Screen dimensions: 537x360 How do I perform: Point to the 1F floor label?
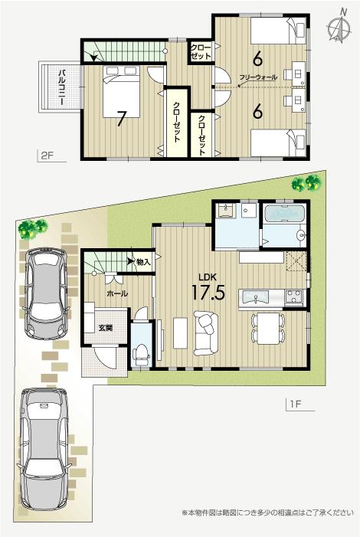point(297,404)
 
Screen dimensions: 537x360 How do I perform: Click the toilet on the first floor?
point(141,352)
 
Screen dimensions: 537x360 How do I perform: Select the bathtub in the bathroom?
point(283,214)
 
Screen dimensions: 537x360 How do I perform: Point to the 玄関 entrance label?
point(104,328)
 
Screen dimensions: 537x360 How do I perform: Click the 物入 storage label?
point(143,263)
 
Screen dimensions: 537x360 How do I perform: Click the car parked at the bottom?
point(44,452)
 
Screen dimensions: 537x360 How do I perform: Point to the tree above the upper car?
point(33,228)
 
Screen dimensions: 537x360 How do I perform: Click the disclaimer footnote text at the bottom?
point(267,512)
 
